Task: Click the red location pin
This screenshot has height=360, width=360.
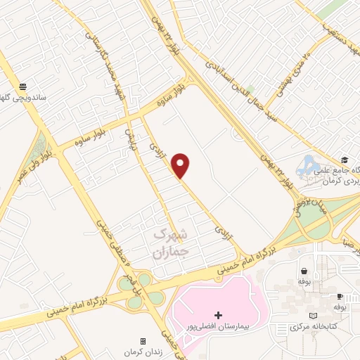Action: (x=181, y=165)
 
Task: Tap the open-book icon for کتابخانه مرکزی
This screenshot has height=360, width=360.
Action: (x=314, y=316)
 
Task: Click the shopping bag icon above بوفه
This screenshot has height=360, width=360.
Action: (x=304, y=271)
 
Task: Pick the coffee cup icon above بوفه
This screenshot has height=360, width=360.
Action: (x=340, y=297)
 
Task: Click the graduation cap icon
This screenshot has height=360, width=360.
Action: (x=344, y=160)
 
